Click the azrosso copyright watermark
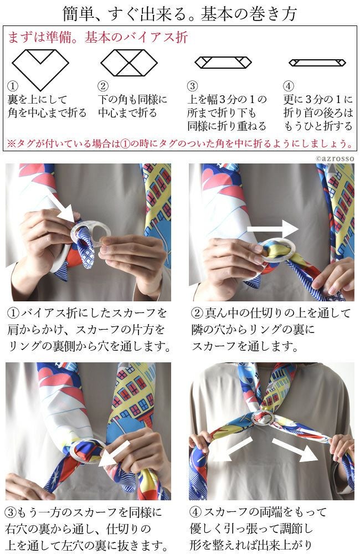click(x=334, y=158)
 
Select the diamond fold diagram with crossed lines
click(x=129, y=63)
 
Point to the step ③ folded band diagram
click(x=223, y=62)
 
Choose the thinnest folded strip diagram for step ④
click(x=317, y=63)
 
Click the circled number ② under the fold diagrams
click(x=103, y=86)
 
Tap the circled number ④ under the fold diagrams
click(x=289, y=86)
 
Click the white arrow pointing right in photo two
click(x=272, y=229)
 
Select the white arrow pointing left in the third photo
click(x=114, y=454)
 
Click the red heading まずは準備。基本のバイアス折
click(x=97, y=37)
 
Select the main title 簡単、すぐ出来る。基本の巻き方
click(x=180, y=13)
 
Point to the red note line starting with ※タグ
click(x=180, y=143)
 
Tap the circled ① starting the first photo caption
click(x=13, y=313)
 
